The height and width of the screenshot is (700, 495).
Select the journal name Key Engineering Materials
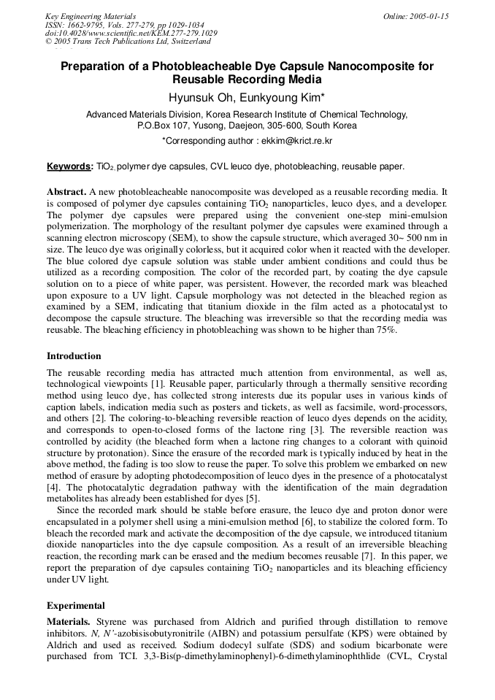click(91, 16)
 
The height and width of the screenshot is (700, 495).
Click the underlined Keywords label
click(69, 166)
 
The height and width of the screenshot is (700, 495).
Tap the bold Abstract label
click(66, 191)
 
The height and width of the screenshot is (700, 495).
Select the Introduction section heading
click(74, 356)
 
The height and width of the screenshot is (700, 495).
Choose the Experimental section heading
click(76, 605)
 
